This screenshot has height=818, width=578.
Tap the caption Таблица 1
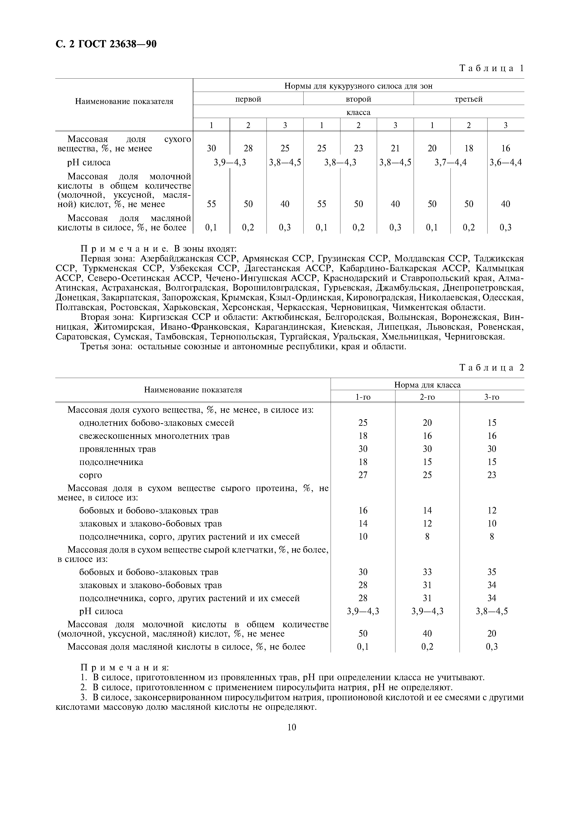tap(491, 68)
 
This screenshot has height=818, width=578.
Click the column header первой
tap(248, 99)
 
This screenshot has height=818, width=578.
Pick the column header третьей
tap(468, 99)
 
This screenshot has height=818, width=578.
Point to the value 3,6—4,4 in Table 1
tap(505, 163)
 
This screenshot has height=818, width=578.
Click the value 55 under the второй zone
tap(322, 204)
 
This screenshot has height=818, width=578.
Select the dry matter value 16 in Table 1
tap(505, 148)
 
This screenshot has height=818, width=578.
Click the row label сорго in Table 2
tap(90, 475)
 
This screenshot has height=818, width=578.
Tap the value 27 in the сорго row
tap(363, 475)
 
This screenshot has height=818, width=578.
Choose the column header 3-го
tap(491, 397)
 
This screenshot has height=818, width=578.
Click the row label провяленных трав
tap(117, 449)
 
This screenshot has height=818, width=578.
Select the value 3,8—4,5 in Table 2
tap(491, 611)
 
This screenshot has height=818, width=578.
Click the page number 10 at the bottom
tap(291, 727)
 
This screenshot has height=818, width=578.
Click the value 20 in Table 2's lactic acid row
tap(491, 634)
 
